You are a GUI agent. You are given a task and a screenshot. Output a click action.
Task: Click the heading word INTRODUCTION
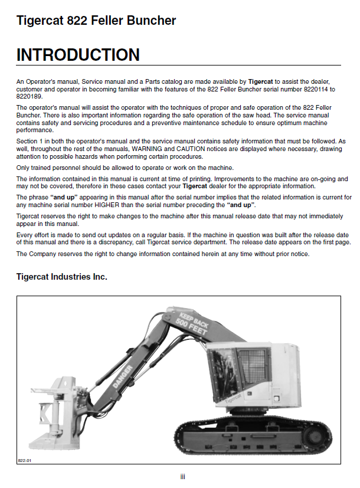tap(78, 55)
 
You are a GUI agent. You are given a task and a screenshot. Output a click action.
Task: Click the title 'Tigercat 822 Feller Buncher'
tap(96, 21)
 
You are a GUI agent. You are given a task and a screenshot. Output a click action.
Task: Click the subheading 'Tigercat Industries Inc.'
tap(62, 276)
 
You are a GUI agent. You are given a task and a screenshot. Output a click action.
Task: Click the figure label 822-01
tap(24, 460)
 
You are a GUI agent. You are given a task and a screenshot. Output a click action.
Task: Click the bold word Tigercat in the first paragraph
tap(260, 81)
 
